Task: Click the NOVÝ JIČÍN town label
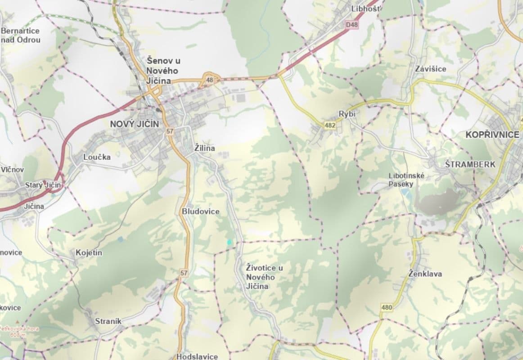point(135,124)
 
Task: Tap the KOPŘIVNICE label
point(492,135)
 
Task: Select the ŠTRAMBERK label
point(470,164)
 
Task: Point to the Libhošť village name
point(366,9)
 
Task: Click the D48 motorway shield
point(352,25)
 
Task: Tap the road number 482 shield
point(329,126)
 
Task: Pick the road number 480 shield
point(387,308)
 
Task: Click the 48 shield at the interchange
point(209,80)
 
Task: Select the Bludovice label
point(201,211)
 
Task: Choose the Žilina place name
point(205,148)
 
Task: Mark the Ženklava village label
point(425,274)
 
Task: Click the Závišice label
point(431,69)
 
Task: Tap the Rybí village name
point(347,114)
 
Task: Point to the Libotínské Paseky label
point(406,180)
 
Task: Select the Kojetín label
point(89,253)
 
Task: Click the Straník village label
point(108,321)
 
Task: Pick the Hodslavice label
point(197,356)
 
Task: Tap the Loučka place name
point(97,157)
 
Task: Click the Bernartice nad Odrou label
point(21,35)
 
